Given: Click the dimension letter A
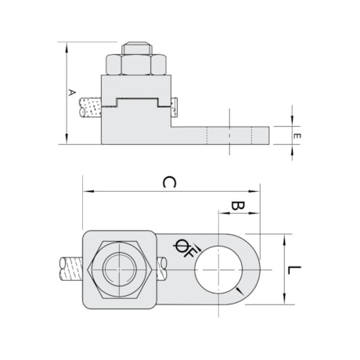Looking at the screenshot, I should point(71,92).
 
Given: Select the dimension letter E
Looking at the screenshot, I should point(296,135).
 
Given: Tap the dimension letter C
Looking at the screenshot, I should point(167,182).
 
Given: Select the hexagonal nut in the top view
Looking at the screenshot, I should point(119,269).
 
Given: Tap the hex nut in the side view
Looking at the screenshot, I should point(135,65).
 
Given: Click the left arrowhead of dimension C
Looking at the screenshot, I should point(86,190).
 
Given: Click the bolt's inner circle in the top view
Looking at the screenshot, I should point(119,269).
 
